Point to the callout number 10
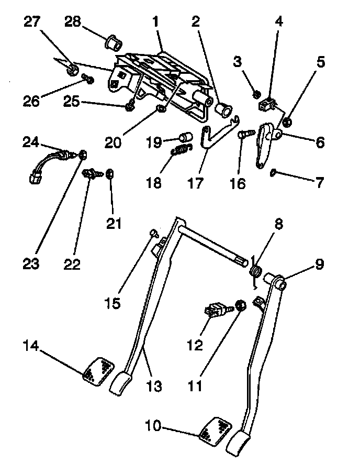tap(154, 426)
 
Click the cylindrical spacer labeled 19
tap(184, 138)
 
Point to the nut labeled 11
tap(241, 305)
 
